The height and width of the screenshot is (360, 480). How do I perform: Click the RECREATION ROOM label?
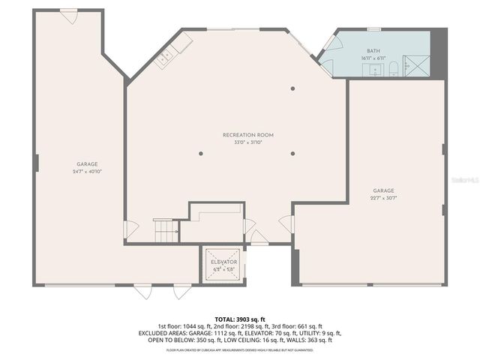point(248,135)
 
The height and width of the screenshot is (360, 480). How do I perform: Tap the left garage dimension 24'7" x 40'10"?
point(87,171)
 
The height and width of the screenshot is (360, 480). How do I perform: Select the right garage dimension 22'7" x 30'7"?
point(383,198)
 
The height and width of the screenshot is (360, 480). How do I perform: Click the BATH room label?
point(373,49)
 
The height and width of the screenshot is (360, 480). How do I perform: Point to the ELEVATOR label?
point(223,262)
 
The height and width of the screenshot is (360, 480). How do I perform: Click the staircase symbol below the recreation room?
point(166,230)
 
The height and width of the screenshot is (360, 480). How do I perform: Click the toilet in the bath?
point(392,70)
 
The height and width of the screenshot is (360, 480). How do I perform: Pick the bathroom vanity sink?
point(372,71)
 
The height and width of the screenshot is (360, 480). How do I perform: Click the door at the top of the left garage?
point(69,16)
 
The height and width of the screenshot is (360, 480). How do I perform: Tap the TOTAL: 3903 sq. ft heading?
point(240,319)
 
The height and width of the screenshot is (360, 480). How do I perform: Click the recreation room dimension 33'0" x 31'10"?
point(248,142)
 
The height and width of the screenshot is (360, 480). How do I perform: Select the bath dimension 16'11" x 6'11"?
point(373,57)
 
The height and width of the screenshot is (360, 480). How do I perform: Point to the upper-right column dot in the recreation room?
point(293,89)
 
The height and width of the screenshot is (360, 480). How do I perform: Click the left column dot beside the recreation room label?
point(201,153)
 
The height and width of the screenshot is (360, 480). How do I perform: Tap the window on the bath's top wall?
point(373,29)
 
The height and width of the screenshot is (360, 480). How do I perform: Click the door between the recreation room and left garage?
point(130,229)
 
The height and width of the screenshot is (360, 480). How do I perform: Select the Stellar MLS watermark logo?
point(465,181)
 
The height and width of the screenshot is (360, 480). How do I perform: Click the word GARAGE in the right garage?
point(383,190)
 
